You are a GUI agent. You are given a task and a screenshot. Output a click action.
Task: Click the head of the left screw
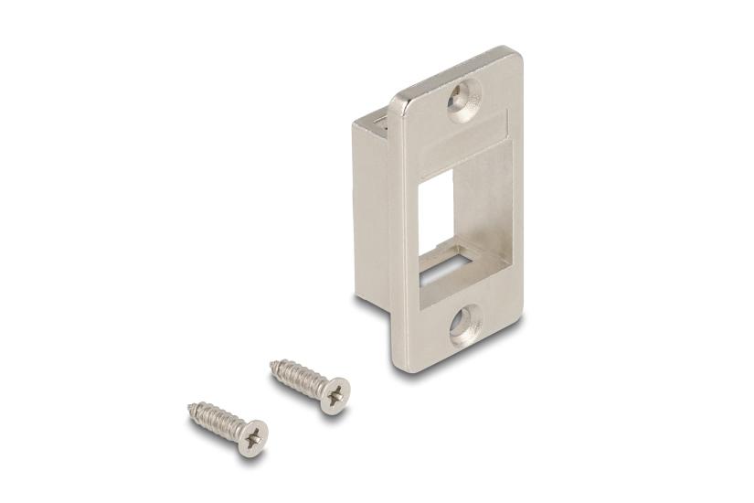pyautogui.click(x=252, y=437)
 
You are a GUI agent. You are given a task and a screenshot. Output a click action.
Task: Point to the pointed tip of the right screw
pyautogui.click(x=272, y=365)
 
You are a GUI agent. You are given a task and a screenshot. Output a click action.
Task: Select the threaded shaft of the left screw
pyautogui.click(x=216, y=418)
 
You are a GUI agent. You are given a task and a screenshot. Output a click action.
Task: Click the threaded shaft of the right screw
pyautogui.click(x=297, y=378)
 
